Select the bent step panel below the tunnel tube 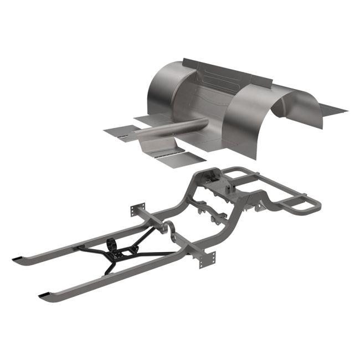157,146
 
